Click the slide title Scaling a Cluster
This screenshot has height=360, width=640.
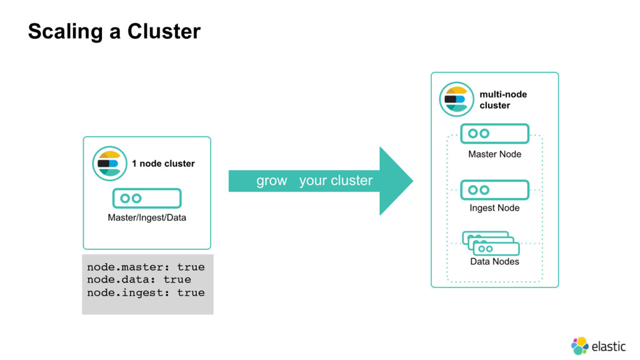click(114, 31)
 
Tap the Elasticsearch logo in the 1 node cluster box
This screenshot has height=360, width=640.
click(109, 164)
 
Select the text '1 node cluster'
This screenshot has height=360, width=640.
click(163, 164)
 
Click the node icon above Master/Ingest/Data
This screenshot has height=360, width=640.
click(147, 198)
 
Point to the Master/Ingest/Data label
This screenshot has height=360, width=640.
click(147, 217)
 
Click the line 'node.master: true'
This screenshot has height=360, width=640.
click(146, 267)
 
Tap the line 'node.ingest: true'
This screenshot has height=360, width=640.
click(146, 292)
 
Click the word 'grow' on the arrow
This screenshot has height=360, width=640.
click(272, 181)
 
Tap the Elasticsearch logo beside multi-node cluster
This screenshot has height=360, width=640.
click(457, 99)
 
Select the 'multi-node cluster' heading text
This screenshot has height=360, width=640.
click(503, 99)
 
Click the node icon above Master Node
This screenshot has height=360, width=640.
click(495, 134)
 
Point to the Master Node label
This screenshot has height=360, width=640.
click(495, 154)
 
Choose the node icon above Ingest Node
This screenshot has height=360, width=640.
click(495, 190)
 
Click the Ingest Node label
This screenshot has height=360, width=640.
click(495, 207)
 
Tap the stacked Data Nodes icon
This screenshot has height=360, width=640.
click(491, 243)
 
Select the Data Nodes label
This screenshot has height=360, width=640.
click(495, 262)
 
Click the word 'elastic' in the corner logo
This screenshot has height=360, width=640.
click(609, 346)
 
